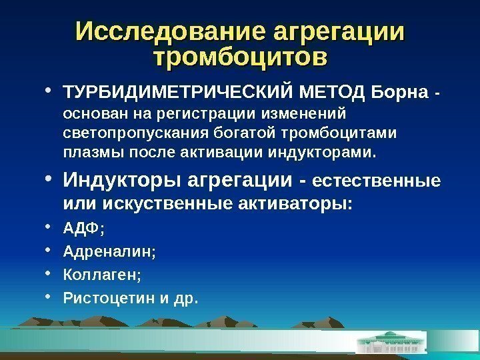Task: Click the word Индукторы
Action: (123, 180)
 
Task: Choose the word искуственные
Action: (163, 202)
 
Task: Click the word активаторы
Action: (294, 202)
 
